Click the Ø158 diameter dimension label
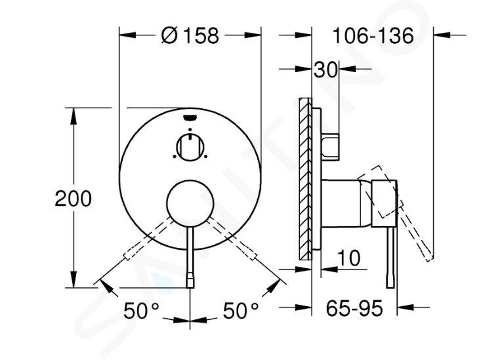click(190, 35)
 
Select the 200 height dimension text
click(73, 199)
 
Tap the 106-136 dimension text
click(373, 35)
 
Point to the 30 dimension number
click(325, 70)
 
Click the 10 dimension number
click(348, 258)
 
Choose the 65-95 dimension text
click(354, 308)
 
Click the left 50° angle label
click(142, 310)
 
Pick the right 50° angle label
click(241, 310)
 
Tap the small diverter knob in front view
click(190, 147)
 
